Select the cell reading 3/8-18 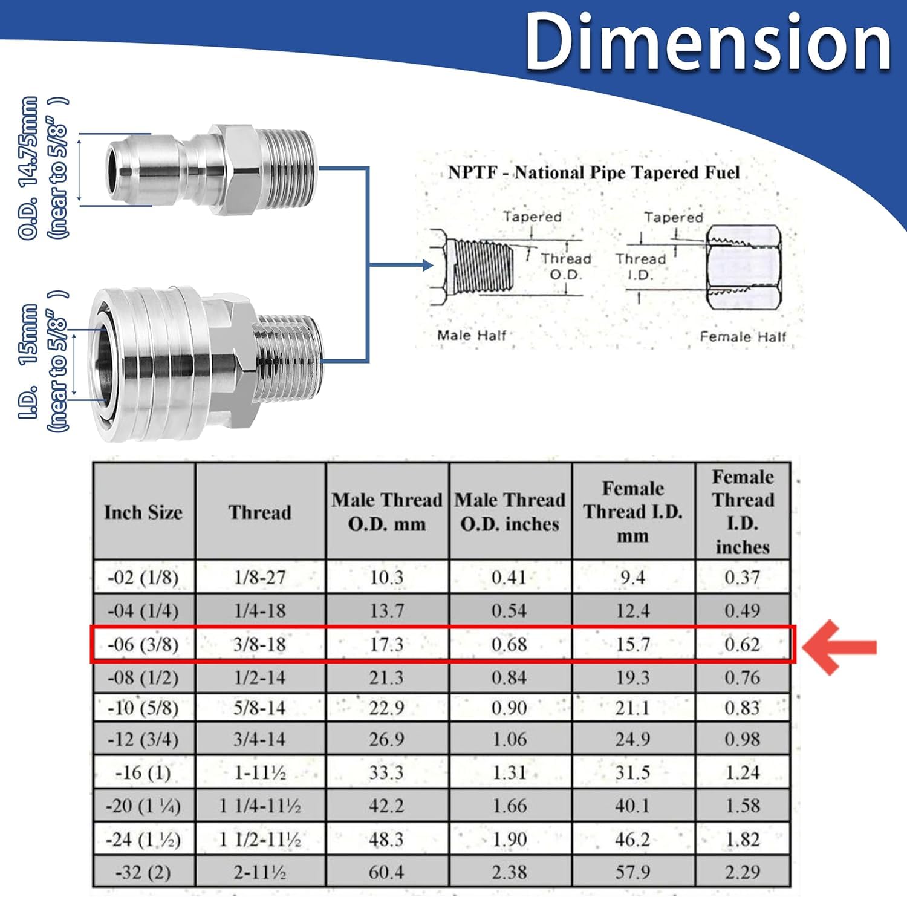[260, 644]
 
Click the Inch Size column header [143, 512]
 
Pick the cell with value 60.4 [387, 872]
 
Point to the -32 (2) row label [143, 872]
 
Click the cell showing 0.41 [509, 577]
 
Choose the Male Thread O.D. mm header [387, 512]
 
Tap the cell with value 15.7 [633, 644]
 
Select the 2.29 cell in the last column [743, 872]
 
